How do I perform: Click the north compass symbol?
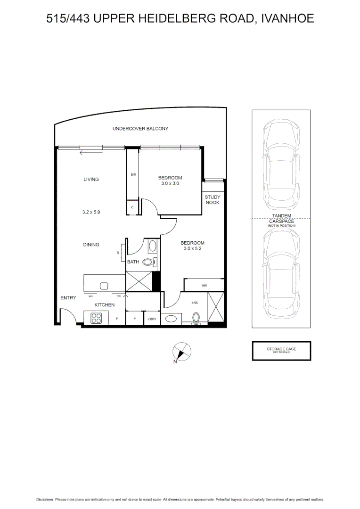182,352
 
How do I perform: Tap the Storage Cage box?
281,351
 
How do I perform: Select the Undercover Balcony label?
140,129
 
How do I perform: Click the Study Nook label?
213,199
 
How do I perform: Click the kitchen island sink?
104,285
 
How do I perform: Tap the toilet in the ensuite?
196,319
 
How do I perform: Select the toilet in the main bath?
150,262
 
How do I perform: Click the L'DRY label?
151,319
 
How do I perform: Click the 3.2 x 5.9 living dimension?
91,212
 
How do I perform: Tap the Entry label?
68,298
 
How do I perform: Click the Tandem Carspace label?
281,218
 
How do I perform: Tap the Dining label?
91,245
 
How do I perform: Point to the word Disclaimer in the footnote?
45,499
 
